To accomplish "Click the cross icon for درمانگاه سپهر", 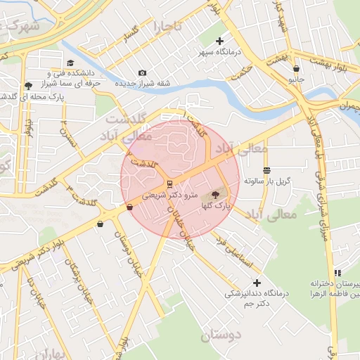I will click(x=219, y=41).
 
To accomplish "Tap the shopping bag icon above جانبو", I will click(x=296, y=69).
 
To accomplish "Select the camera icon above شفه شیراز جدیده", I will click(x=143, y=73).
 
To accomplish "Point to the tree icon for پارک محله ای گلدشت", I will click(x=28, y=85).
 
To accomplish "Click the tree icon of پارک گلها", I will click(x=215, y=194).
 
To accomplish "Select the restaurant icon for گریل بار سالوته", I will click(x=266, y=171).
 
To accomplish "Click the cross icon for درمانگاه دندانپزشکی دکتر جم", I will click(x=256, y=283).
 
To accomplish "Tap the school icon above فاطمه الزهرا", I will click(x=337, y=273).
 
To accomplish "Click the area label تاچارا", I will click(x=168, y=27).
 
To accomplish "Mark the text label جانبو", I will click(x=296, y=79).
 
